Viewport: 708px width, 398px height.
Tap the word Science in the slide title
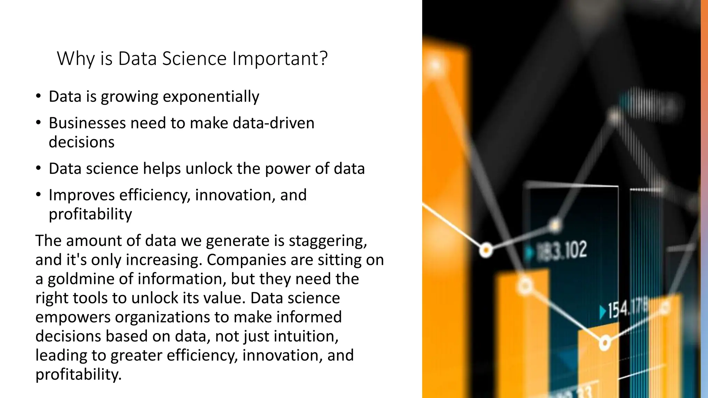click(x=194, y=59)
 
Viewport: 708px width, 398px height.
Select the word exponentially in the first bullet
click(x=211, y=97)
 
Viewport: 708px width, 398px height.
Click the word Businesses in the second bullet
click(x=87, y=123)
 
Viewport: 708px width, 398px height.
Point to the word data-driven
click(x=273, y=123)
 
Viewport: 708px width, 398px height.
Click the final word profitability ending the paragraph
click(x=78, y=375)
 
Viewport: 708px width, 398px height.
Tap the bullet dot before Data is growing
click(x=38, y=96)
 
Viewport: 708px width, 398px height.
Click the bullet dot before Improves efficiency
click(x=38, y=195)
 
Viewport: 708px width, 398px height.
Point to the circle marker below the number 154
click(x=605, y=343)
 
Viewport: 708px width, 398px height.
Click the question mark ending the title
click(x=324, y=59)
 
